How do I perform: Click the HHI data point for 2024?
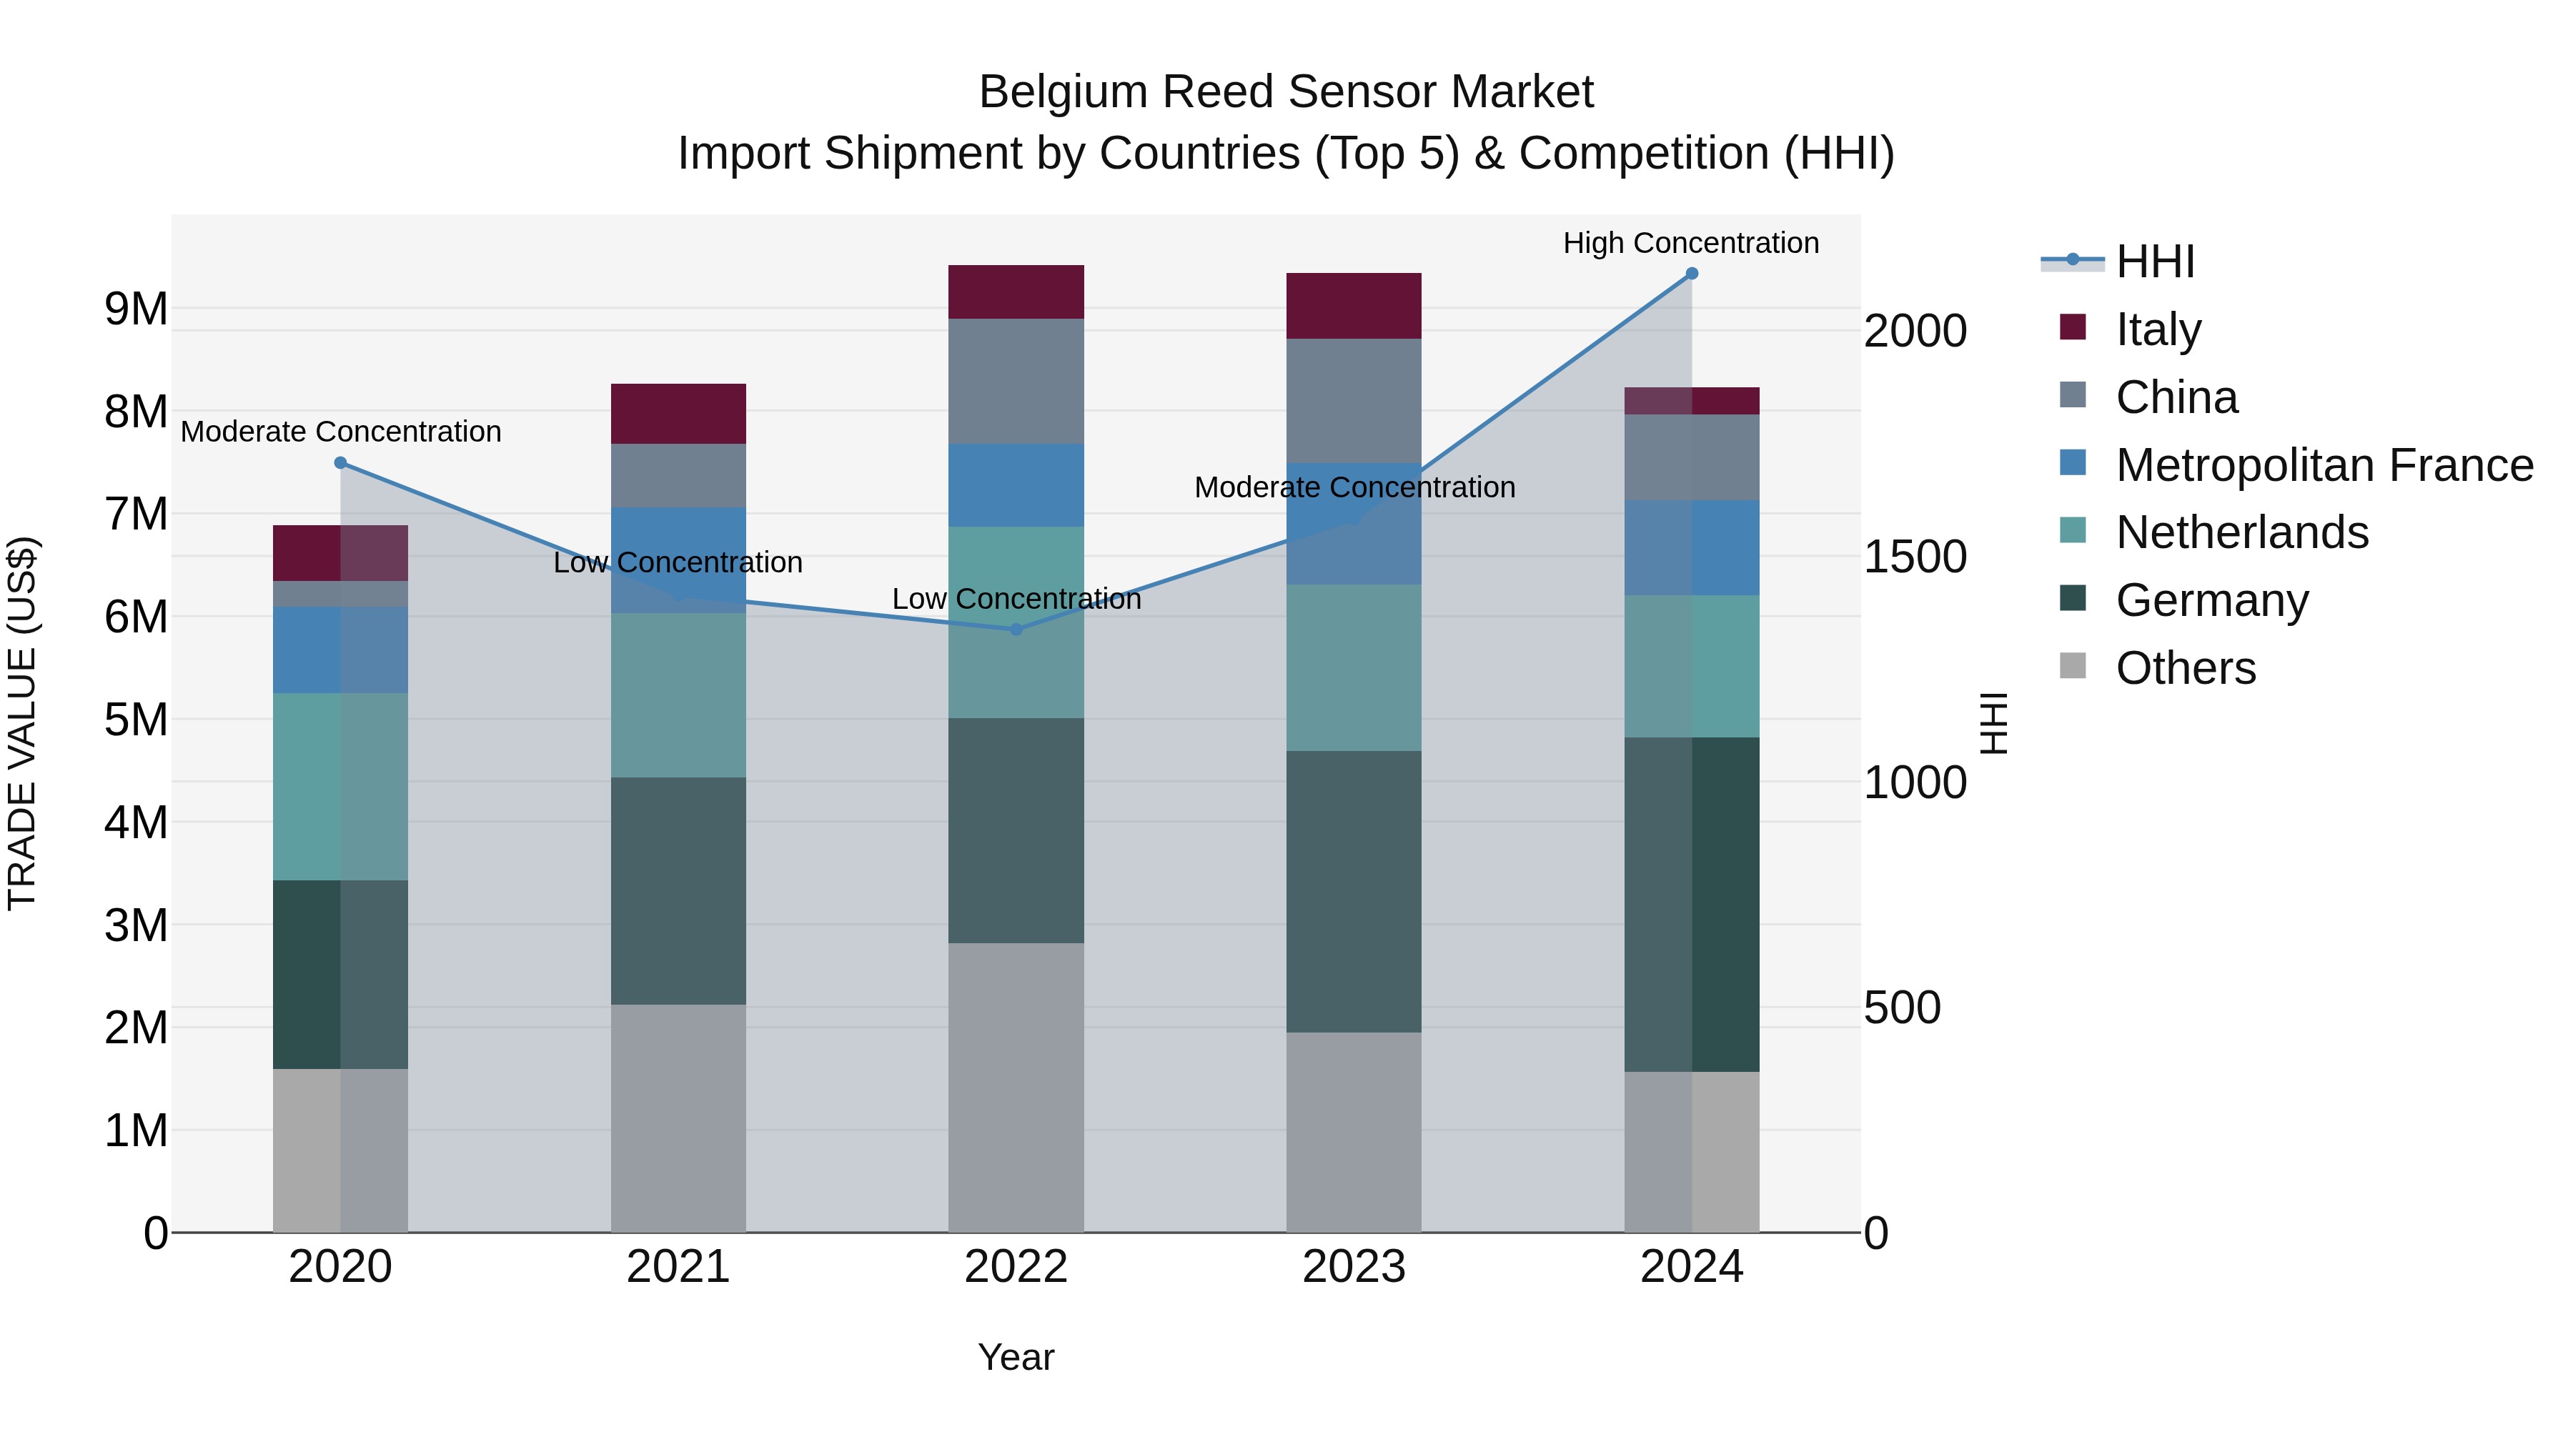pos(1691,274)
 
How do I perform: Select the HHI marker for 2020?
pos(341,463)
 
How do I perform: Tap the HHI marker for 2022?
pos(1016,629)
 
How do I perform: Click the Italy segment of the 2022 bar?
pos(1016,292)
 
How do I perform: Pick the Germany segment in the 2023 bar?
pos(1354,891)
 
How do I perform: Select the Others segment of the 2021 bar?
pos(678,1118)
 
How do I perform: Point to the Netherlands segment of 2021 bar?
pos(678,695)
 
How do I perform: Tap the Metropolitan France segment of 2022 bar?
pos(1016,484)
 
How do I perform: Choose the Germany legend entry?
pos(2211,600)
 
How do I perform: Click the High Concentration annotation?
pos(1690,243)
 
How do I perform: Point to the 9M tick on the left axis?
pos(137,309)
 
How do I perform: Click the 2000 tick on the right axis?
pos(1915,331)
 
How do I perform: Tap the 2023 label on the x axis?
pos(1354,1267)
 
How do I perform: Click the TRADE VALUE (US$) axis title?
pos(23,723)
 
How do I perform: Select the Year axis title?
pos(1016,1357)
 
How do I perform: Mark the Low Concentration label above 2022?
pos(1016,600)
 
